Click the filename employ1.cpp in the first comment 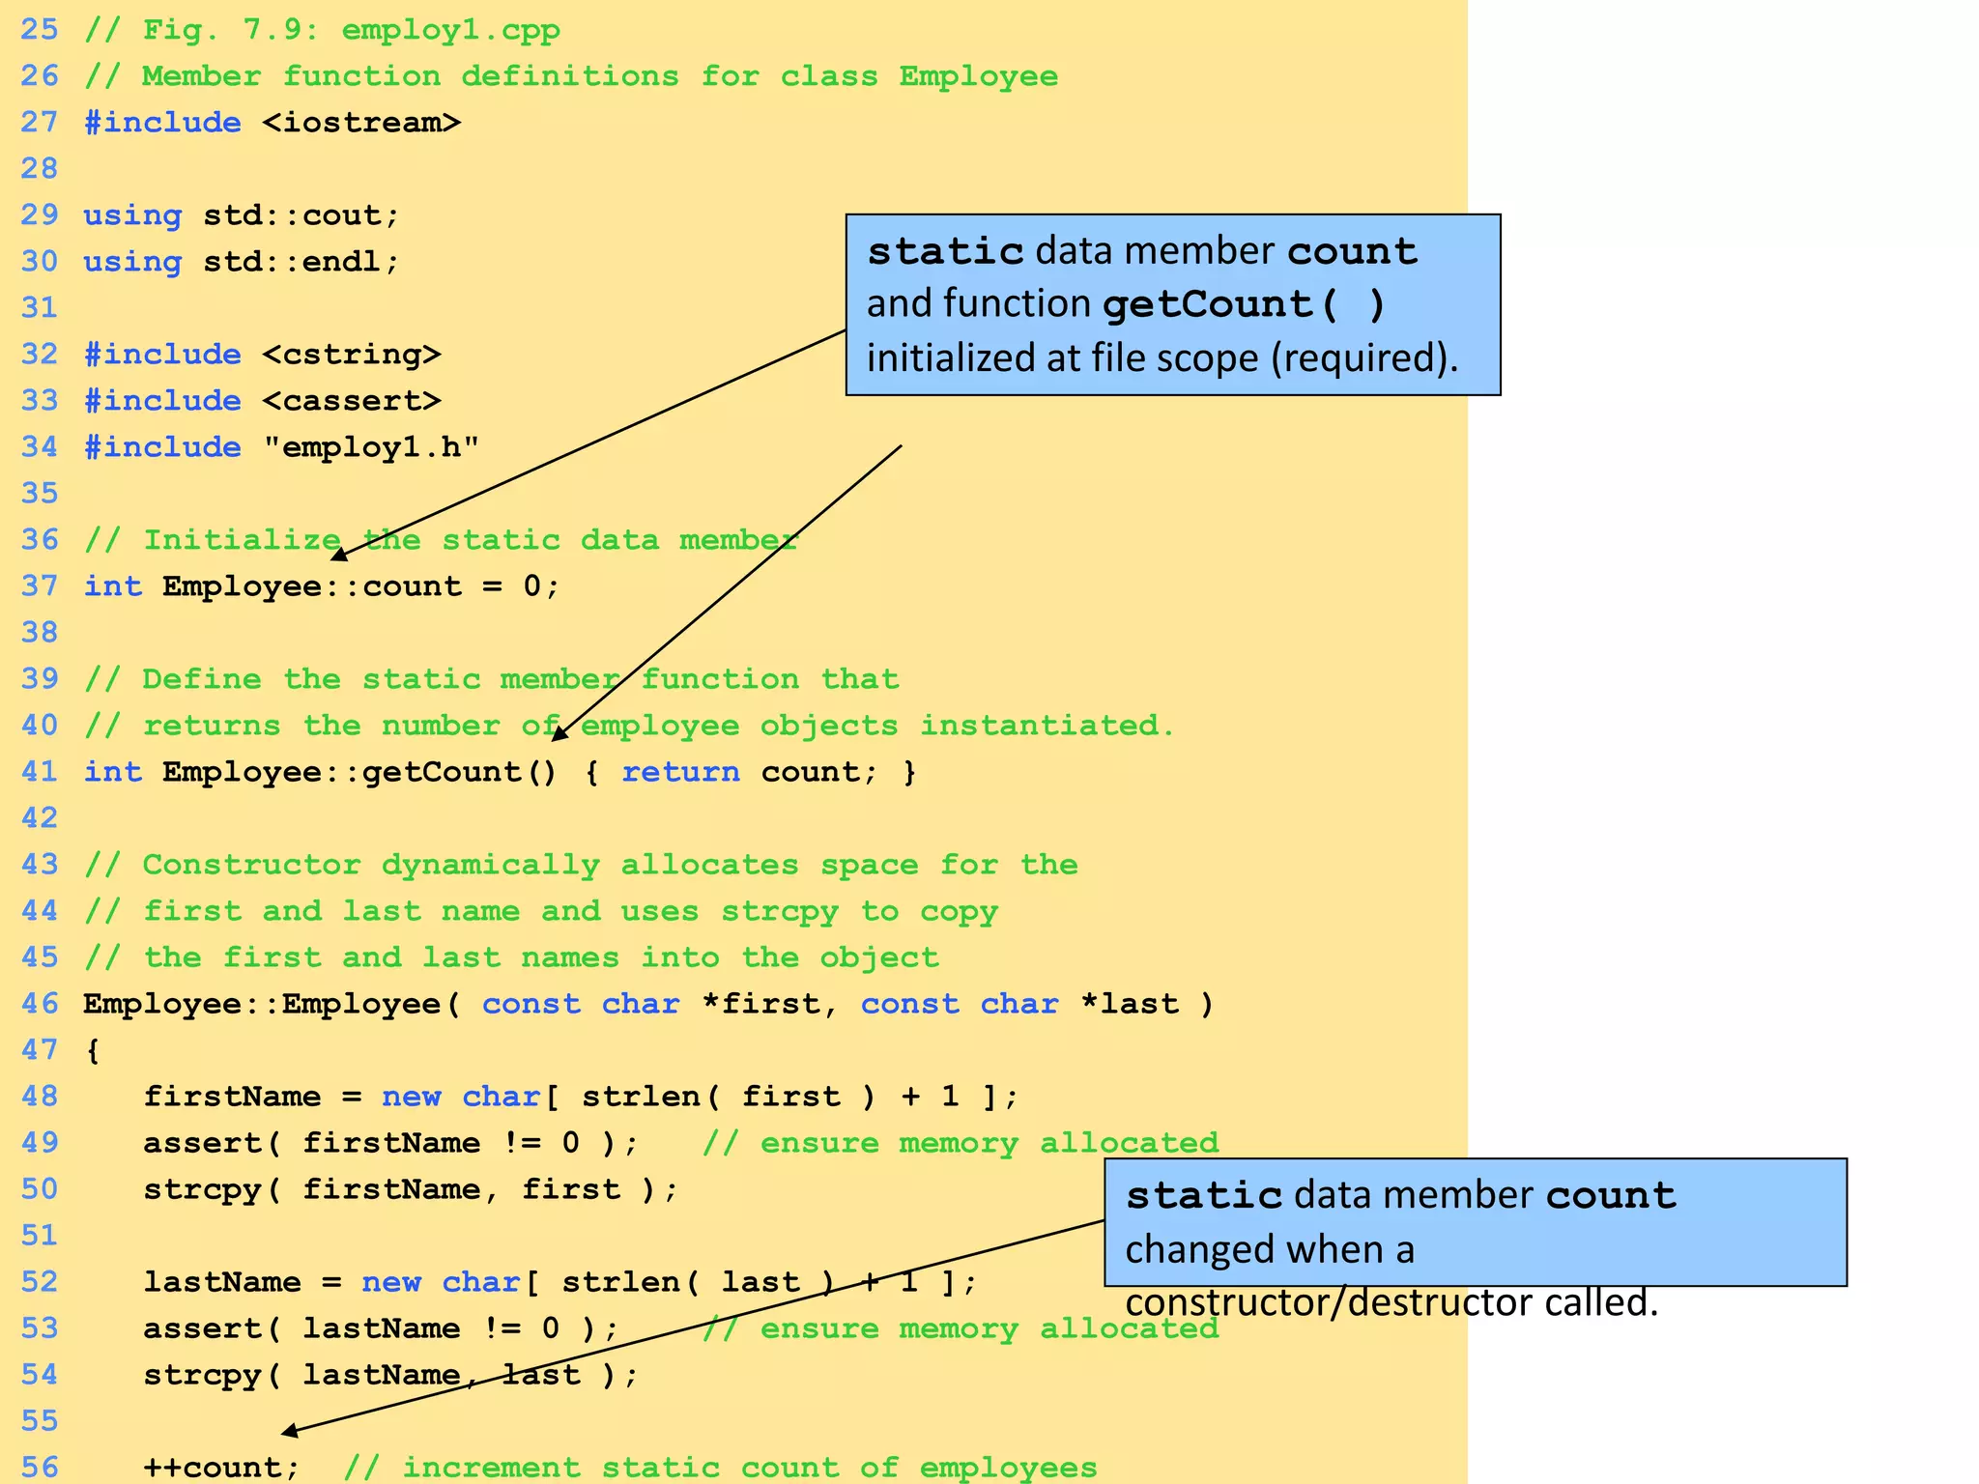[450, 30]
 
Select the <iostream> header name [361, 123]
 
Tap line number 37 [40, 585]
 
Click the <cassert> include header [352, 400]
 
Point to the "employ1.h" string [371, 446]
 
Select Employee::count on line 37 [312, 585]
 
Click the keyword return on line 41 [680, 771]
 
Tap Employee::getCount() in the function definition [359, 771]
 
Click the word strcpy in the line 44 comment [779, 910]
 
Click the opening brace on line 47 [93, 1050]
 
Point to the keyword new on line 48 [411, 1096]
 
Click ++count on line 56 [221, 1467]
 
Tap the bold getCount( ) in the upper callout [1245, 304]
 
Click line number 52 [40, 1281]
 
